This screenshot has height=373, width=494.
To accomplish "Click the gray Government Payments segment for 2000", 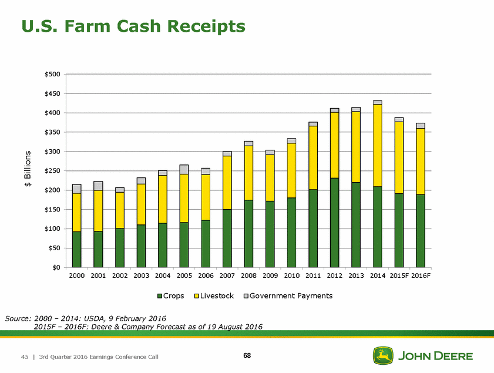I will [x=76, y=189].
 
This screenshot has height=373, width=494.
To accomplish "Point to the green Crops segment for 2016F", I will [x=421, y=230].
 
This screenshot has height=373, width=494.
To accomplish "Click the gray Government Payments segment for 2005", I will [x=184, y=169].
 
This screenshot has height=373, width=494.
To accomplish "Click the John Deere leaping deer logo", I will [x=382, y=355].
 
